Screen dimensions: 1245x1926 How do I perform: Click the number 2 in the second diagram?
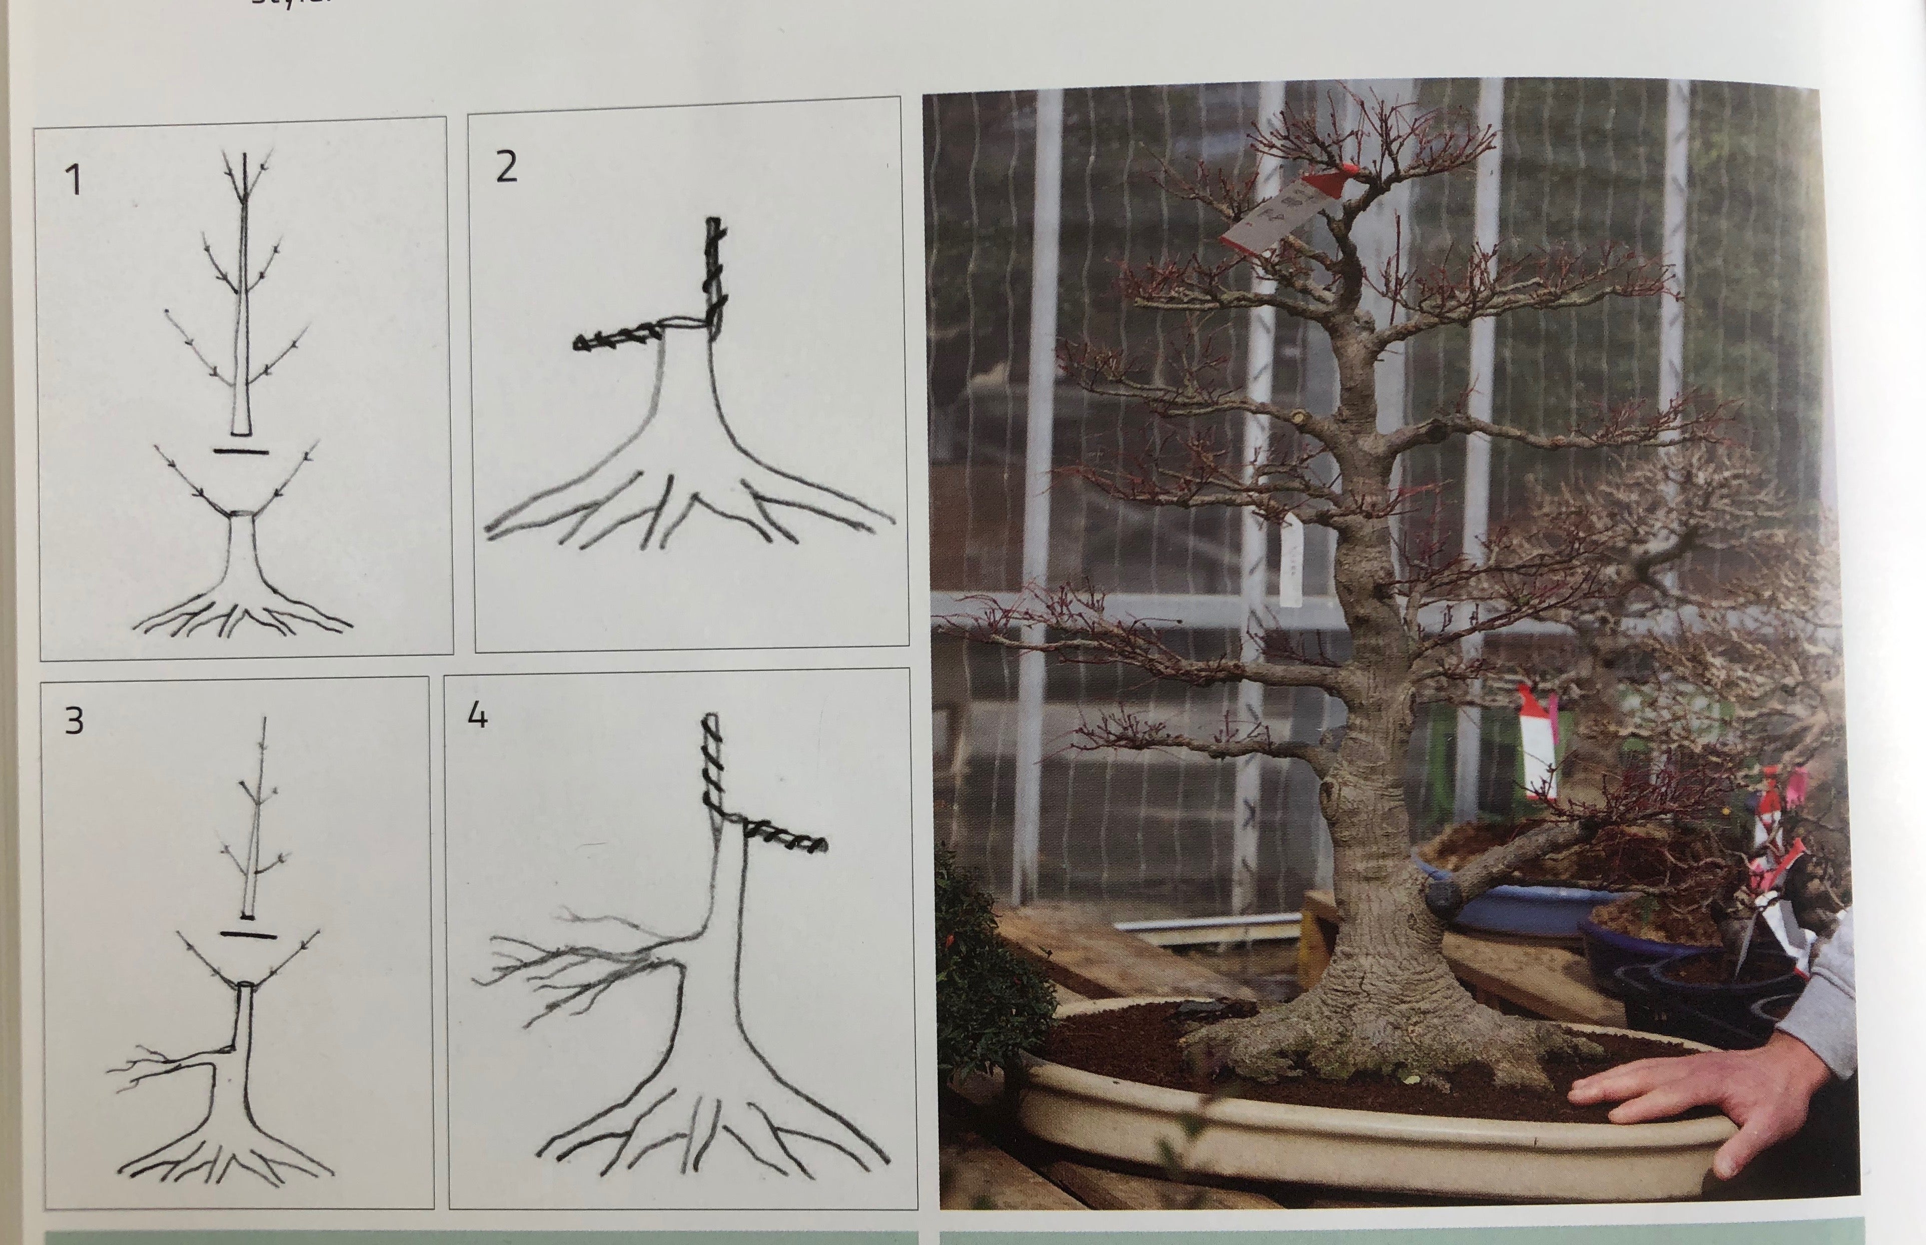506,167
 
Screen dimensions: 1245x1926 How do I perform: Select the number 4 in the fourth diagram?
478,715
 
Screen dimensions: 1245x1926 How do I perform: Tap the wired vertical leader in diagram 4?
711,760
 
